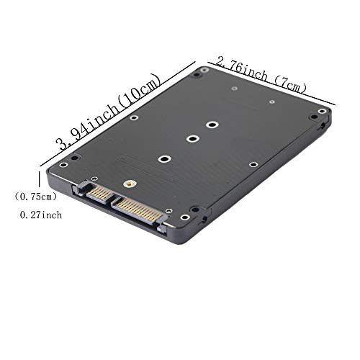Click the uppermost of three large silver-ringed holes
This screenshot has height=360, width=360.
[x=212, y=124]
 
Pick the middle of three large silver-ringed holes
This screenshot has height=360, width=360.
[x=192, y=139]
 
